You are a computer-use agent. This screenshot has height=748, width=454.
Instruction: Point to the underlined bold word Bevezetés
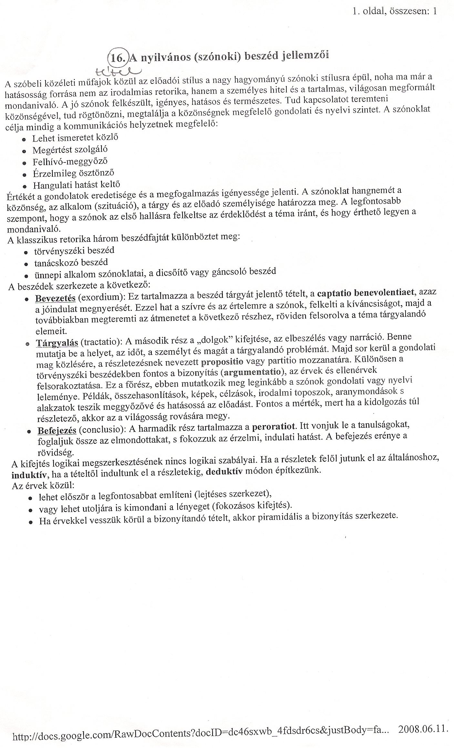(55, 298)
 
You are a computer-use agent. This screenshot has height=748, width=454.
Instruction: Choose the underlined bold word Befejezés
(57, 431)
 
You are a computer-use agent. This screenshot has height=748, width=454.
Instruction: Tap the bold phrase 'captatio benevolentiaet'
(366, 293)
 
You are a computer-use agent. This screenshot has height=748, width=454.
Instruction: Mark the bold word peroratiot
(273, 427)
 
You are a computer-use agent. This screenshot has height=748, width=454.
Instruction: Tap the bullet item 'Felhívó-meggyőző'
(70, 161)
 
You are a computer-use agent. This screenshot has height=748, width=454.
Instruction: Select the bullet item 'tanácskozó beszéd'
(71, 262)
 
